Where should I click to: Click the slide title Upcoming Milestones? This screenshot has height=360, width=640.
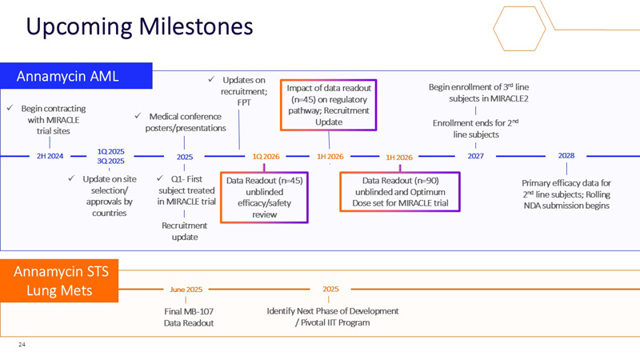(x=139, y=26)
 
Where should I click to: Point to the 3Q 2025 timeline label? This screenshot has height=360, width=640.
(x=109, y=161)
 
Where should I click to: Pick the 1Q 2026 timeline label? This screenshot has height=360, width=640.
(x=266, y=156)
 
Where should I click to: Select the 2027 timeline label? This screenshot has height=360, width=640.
(x=476, y=156)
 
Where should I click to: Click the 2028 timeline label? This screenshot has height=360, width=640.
(x=566, y=156)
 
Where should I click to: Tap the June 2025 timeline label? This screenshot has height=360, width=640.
(x=186, y=289)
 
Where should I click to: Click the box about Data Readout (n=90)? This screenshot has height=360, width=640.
(x=400, y=192)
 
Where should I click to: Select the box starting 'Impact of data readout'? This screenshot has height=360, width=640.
(x=328, y=104)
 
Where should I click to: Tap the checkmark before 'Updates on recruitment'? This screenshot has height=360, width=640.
(x=211, y=80)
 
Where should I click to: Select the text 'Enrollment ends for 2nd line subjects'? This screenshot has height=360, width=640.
(x=478, y=129)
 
